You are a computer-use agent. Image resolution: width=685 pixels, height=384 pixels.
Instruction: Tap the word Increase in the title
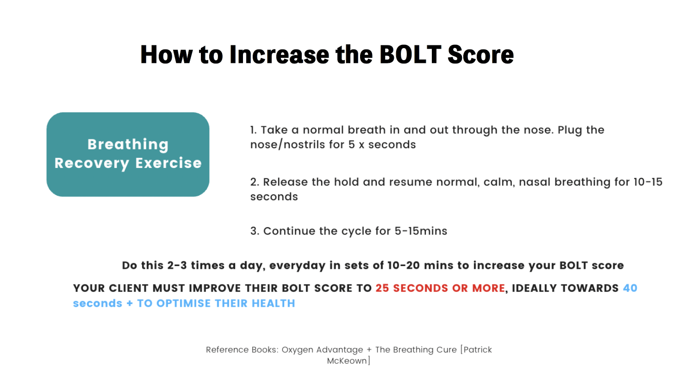click(279, 55)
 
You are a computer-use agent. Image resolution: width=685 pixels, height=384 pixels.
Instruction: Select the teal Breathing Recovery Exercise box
click(128, 155)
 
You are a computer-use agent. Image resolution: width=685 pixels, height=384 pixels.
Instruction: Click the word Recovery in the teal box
click(92, 163)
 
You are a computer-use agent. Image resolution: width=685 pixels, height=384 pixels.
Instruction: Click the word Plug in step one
click(570, 130)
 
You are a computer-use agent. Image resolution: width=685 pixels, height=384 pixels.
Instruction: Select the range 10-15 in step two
click(648, 182)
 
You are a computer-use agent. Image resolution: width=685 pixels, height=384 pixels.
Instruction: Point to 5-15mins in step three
click(421, 231)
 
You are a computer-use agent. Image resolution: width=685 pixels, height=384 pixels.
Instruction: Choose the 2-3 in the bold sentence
click(177, 266)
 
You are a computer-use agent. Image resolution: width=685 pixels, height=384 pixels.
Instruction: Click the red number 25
click(382, 288)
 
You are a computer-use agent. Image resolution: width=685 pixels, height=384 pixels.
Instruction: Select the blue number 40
click(630, 288)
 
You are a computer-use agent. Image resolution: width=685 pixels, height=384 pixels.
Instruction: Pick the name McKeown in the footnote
click(347, 361)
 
